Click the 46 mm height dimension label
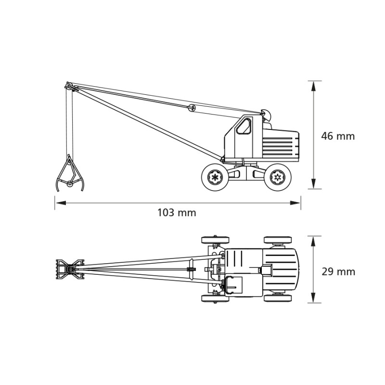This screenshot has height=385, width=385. (x=338, y=136)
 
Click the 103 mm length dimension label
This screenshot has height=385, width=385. (x=177, y=213)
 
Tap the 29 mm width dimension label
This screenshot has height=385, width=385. (x=338, y=272)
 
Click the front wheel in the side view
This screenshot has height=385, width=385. (x=215, y=177)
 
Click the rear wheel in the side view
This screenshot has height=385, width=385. (x=278, y=177)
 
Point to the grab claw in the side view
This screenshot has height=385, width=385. (x=70, y=174)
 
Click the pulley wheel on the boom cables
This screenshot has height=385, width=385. (x=192, y=108)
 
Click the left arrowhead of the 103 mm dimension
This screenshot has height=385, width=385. (x=61, y=203)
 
